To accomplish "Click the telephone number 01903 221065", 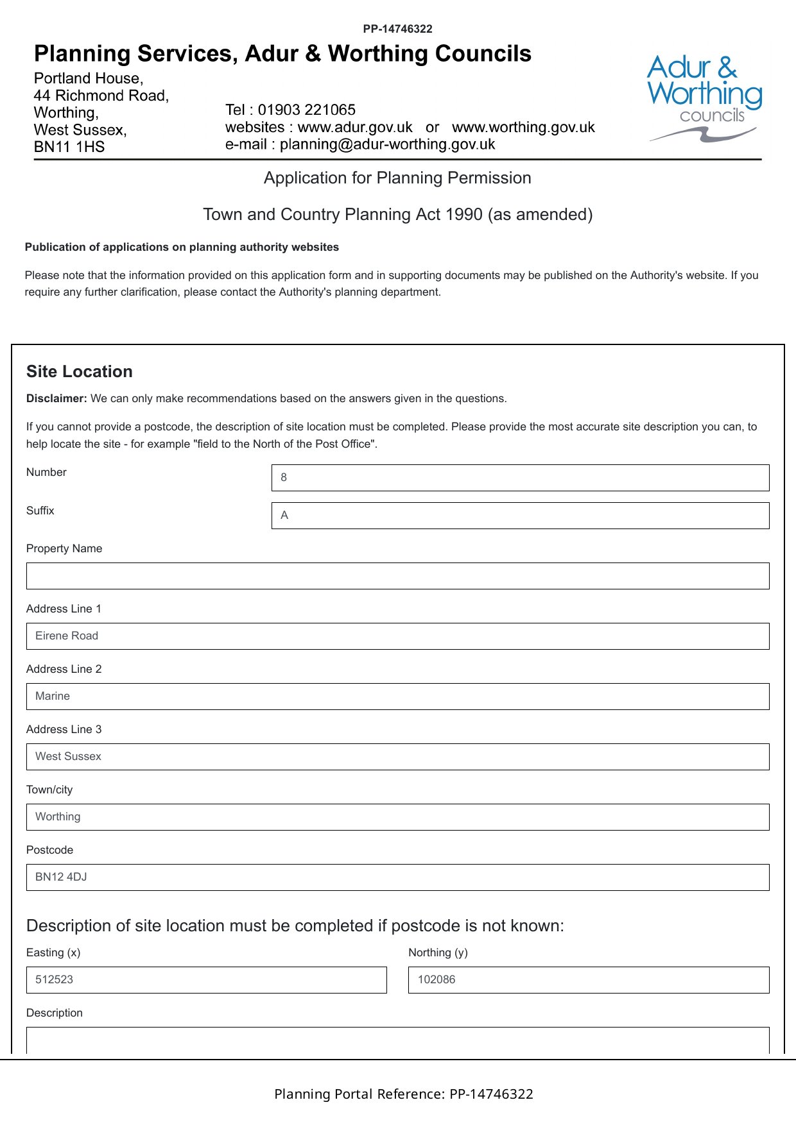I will point(306,110).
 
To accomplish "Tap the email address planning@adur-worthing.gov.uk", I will point(387,144).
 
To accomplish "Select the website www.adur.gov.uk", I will point(355,127).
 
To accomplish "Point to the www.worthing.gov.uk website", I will point(523,127).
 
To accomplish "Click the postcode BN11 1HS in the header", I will point(69,147).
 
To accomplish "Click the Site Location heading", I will point(80,371).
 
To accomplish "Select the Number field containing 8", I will point(520,478).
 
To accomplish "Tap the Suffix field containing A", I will point(520,516).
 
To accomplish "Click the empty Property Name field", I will point(397,576).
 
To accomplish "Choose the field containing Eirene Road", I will point(397,636).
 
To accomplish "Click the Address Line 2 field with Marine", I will point(397,697).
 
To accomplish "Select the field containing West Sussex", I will point(397,757).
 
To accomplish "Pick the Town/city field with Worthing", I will point(397,817).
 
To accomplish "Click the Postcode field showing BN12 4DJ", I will point(397,877).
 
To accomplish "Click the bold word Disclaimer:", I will point(56,398).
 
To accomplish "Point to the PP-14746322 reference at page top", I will point(397,29).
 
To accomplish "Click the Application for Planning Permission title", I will point(397,178).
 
